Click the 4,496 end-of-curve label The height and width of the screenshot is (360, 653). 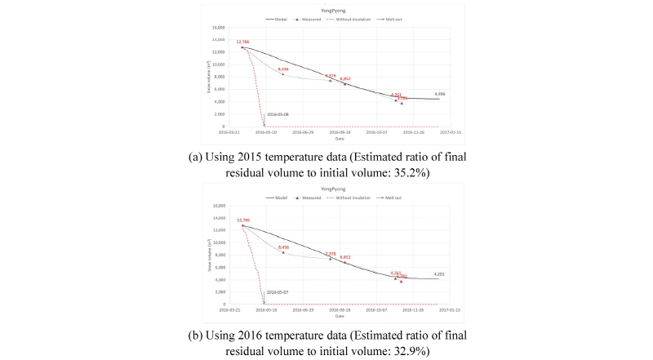[440, 94]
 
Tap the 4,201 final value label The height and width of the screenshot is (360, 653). [439, 274]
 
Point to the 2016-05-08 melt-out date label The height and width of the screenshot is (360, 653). [278, 114]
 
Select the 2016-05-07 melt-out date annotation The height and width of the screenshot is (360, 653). [278, 292]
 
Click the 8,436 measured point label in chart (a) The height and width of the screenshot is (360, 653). [283, 69]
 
